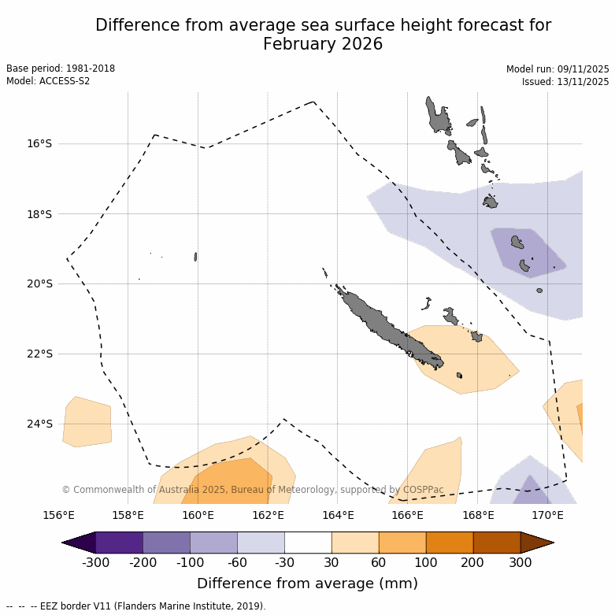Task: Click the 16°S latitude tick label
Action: (x=39, y=143)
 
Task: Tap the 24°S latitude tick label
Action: (x=39, y=424)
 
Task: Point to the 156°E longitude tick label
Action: (x=58, y=516)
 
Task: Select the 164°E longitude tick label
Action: (x=338, y=516)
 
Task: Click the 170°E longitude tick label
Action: (x=547, y=516)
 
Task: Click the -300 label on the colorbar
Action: (x=95, y=562)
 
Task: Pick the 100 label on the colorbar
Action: (x=426, y=562)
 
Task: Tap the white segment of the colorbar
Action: (x=308, y=543)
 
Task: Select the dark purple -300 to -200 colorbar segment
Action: (x=119, y=543)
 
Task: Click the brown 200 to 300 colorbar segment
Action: (x=497, y=543)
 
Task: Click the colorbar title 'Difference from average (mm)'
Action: (x=307, y=584)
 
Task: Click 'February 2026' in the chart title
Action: (x=323, y=44)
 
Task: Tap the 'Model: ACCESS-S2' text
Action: (x=48, y=81)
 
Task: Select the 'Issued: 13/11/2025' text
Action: (x=565, y=81)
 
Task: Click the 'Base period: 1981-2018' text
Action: (x=61, y=69)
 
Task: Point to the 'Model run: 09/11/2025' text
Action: (x=558, y=69)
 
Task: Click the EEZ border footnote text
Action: (x=135, y=606)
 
